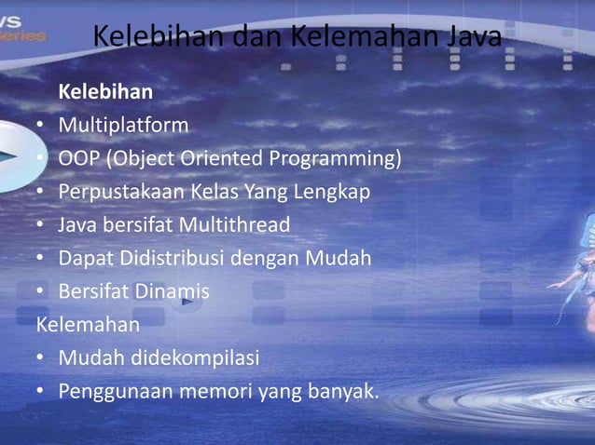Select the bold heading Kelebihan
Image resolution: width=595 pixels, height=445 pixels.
tap(105, 92)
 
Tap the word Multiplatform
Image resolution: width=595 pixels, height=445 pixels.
tap(123, 125)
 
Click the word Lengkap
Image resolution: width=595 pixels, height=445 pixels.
tap(333, 192)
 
